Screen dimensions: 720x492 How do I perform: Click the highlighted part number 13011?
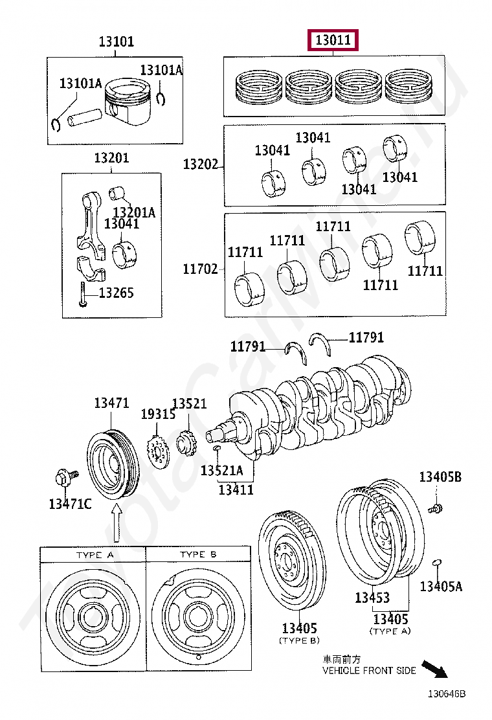pyautogui.click(x=333, y=41)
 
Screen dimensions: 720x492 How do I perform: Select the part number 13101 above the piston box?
pyautogui.click(x=116, y=42)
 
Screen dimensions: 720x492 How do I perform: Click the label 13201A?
pyautogui.click(x=134, y=212)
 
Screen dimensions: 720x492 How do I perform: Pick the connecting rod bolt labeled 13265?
pyautogui.click(x=83, y=295)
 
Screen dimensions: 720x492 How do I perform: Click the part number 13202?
pyautogui.click(x=200, y=164)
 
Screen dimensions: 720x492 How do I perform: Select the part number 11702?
pyautogui.click(x=200, y=269)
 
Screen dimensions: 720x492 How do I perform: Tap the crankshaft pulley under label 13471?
pyautogui.click(x=113, y=462)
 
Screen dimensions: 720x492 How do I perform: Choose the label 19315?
pyautogui.click(x=158, y=414)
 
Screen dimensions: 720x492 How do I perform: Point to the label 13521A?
pyautogui.click(x=221, y=470)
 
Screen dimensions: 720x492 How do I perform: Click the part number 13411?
pyautogui.click(x=236, y=490)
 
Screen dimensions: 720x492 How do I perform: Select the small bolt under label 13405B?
pyautogui.click(x=436, y=508)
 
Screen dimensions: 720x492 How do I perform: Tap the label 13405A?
pyautogui.click(x=441, y=586)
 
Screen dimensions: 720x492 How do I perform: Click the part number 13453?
pyautogui.click(x=372, y=598)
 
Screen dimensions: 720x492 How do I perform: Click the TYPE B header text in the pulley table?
pyautogui.click(x=198, y=555)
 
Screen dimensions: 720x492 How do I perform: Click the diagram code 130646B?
pyautogui.click(x=445, y=693)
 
